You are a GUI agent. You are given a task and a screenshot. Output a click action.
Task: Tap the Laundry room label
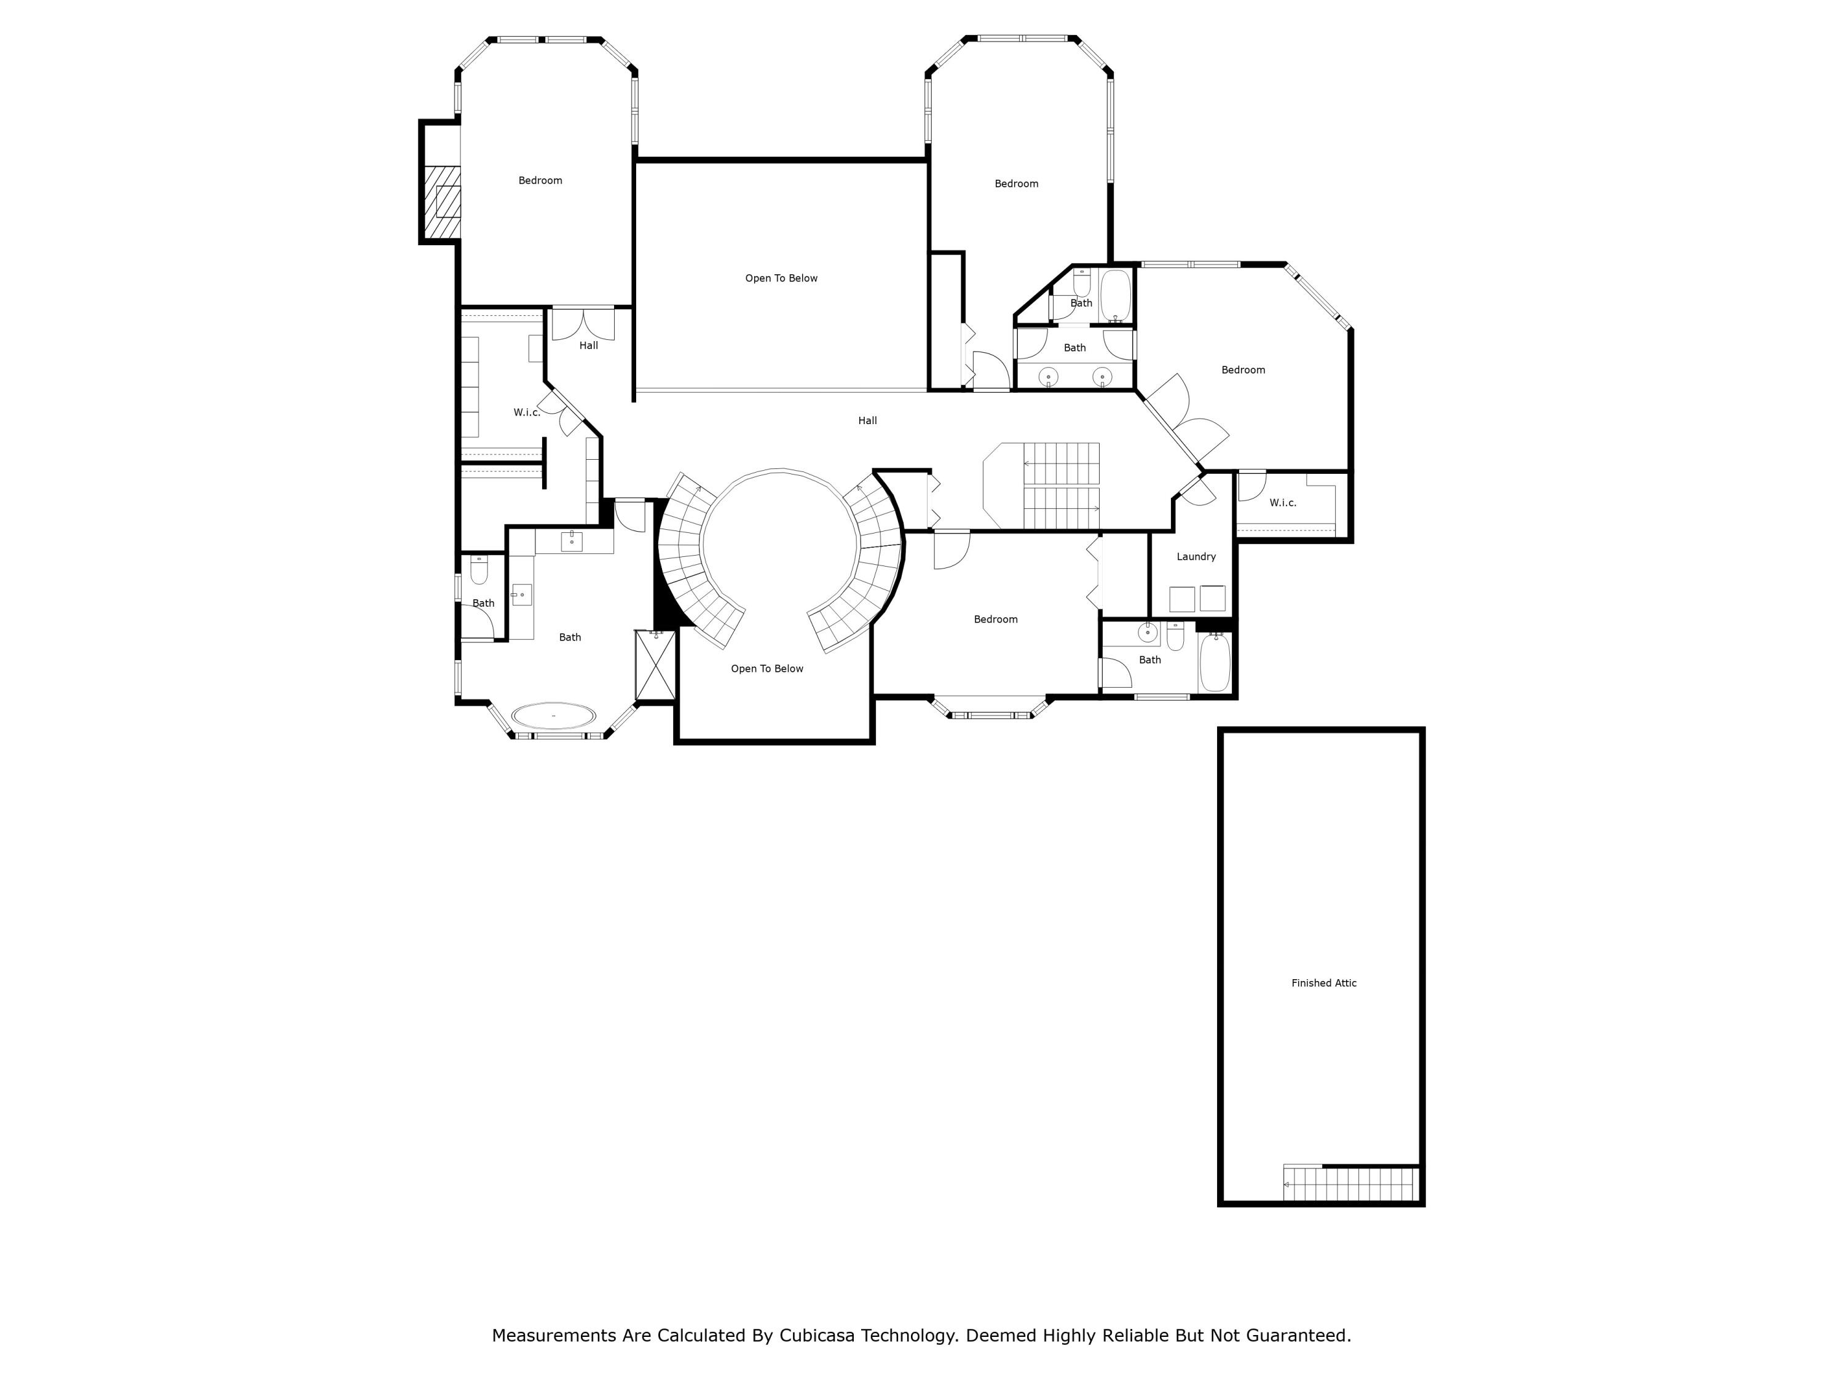pyautogui.click(x=1196, y=556)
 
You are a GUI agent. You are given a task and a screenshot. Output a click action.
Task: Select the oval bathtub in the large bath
pyautogui.click(x=554, y=715)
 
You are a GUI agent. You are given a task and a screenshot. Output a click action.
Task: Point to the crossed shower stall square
pyautogui.click(x=655, y=665)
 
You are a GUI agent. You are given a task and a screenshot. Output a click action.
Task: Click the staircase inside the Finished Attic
pyautogui.click(x=1350, y=1184)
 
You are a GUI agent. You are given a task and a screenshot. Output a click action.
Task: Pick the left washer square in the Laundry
pyautogui.click(x=1181, y=599)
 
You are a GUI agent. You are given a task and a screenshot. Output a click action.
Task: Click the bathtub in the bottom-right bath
pyautogui.click(x=1215, y=662)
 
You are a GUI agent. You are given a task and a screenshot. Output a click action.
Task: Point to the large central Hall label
pyautogui.click(x=867, y=420)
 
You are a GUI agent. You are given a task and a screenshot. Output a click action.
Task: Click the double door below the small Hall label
pyautogui.click(x=583, y=323)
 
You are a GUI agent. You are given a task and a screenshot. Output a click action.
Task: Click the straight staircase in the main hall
pyautogui.click(x=1060, y=486)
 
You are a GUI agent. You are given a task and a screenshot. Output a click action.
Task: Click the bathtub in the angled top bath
pyautogui.click(x=1114, y=295)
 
